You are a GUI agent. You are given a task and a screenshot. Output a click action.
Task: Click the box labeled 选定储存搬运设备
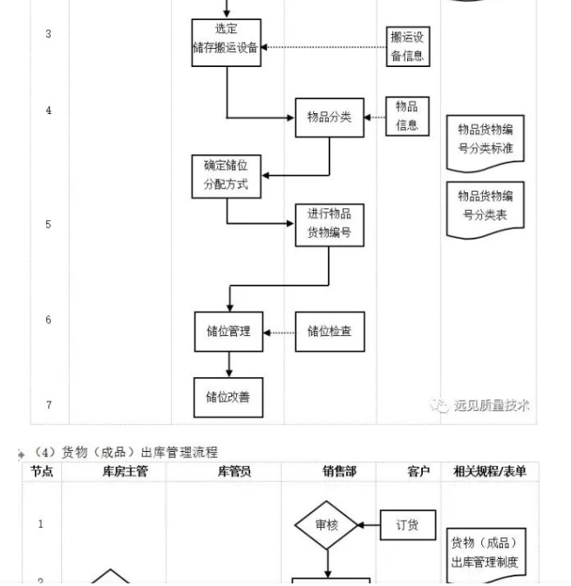coord(227,40)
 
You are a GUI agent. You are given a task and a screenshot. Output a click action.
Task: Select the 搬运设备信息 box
coord(409,46)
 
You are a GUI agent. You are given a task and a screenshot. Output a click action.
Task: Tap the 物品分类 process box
coord(330,117)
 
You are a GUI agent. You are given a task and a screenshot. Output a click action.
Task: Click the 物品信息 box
coord(407,116)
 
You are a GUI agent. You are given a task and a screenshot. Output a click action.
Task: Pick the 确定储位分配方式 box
coord(227,176)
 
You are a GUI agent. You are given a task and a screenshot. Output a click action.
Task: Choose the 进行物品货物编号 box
coord(330,225)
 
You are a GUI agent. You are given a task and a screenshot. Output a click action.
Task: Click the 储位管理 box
coord(228,331)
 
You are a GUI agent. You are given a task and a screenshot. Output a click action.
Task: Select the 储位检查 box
coord(330,331)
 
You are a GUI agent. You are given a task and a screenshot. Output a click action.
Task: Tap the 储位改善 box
coord(228,397)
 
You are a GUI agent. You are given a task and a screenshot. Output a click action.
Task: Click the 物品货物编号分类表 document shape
coord(486,205)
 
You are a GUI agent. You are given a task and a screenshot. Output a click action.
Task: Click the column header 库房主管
coord(118,472)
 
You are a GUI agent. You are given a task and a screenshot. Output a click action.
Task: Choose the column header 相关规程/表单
coord(490,472)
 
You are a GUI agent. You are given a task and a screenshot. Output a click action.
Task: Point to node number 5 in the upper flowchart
coord(49,225)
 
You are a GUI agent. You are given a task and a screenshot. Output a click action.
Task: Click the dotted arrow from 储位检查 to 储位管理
coord(279,332)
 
